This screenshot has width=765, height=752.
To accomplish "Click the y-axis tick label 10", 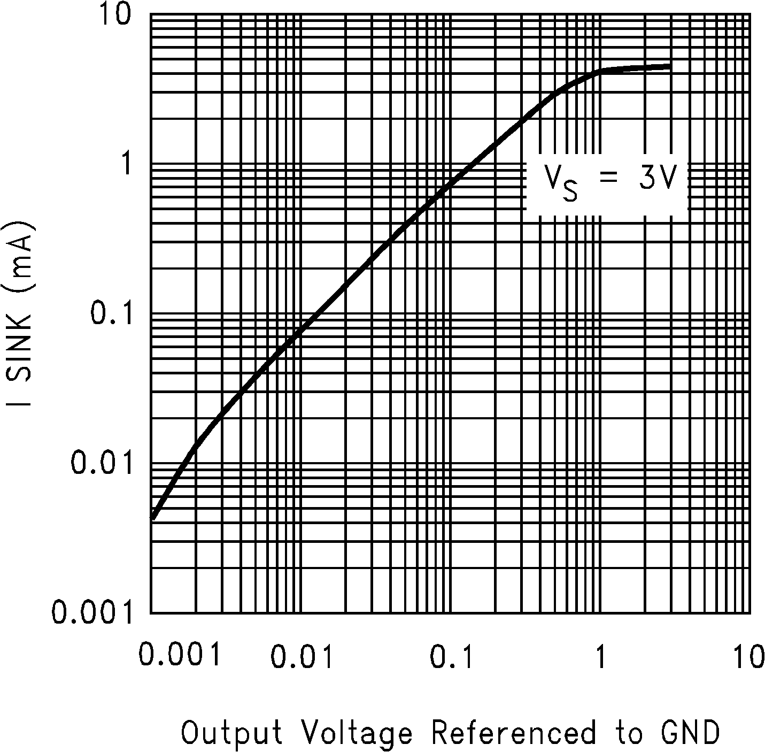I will click(114, 16).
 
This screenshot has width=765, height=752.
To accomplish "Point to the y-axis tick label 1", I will click(127, 165).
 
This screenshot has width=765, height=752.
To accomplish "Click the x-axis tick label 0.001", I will click(180, 656).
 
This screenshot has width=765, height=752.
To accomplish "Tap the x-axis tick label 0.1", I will click(452, 657).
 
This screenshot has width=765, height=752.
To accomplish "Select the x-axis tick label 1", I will click(601, 657).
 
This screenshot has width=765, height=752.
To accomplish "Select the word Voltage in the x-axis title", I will click(357, 733).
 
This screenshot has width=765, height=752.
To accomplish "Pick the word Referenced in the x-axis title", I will click(513, 733).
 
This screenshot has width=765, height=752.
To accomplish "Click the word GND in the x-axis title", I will click(693, 733).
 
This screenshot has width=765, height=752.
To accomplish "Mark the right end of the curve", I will click(670, 66).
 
